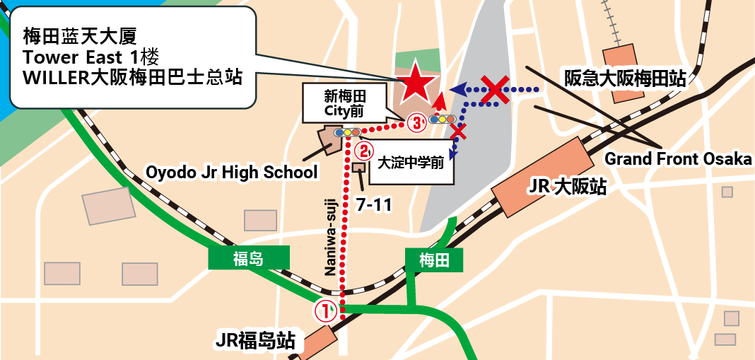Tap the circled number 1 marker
pyautogui.click(x=324, y=310)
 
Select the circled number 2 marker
pyautogui.click(x=363, y=150)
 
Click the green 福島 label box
pyautogui.click(x=248, y=259)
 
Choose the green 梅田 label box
pyautogui.click(x=434, y=260)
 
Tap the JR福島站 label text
pyautogui.click(x=255, y=341)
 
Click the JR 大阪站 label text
pyautogui.click(x=567, y=187)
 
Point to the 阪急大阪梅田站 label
pyautogui.click(x=624, y=79)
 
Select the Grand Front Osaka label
pyautogui.click(x=678, y=159)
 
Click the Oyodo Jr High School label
pyautogui.click(x=231, y=172)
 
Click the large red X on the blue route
pyautogui.click(x=496, y=90)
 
